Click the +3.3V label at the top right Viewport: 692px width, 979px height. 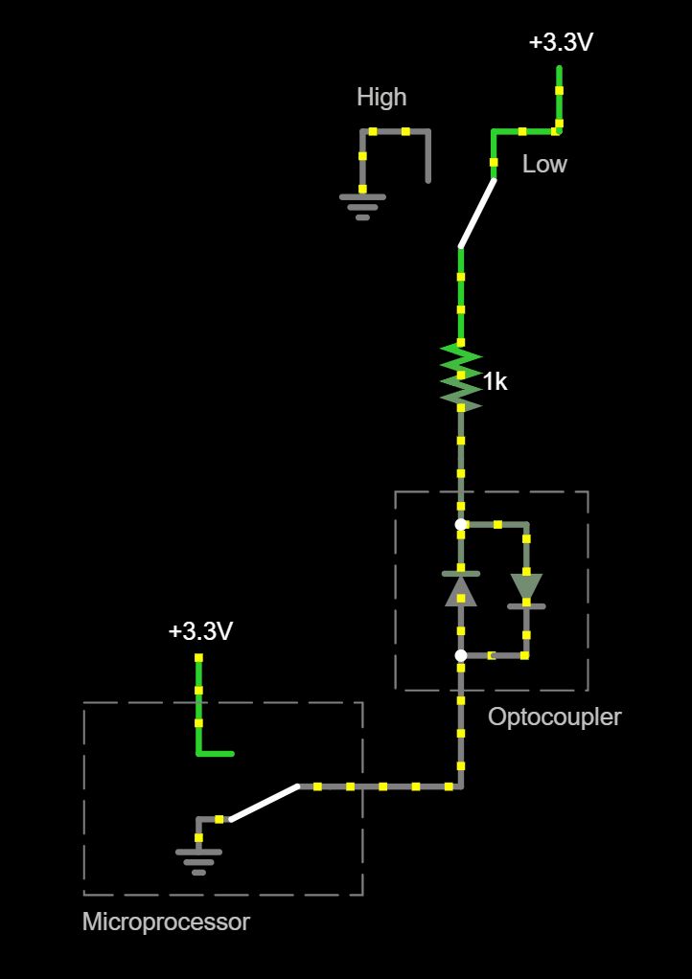pyautogui.click(x=561, y=42)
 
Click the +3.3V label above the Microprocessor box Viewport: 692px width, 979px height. pyautogui.click(x=200, y=631)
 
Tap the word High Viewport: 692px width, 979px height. pyautogui.click(x=381, y=97)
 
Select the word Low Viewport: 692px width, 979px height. pyautogui.click(x=544, y=164)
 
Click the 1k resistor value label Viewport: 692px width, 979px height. pyautogui.click(x=495, y=382)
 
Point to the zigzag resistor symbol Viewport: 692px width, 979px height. pyautogui.click(x=461, y=376)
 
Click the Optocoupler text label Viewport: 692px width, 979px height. pyautogui.click(x=555, y=717)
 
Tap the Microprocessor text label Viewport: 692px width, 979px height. pyautogui.click(x=166, y=922)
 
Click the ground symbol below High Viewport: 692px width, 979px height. pyautogui.click(x=362, y=207)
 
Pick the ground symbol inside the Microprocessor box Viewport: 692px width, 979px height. pyautogui.click(x=198, y=861)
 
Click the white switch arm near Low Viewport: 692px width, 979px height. pyautogui.click(x=477, y=214)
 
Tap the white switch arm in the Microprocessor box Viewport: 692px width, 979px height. pyautogui.click(x=265, y=802)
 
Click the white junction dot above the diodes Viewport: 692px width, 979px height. pyautogui.click(x=461, y=525)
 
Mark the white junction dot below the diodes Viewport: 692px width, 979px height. pyautogui.click(x=461, y=655)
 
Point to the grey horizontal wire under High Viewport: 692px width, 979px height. pyautogui.click(x=395, y=131)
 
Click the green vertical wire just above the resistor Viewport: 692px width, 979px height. pyautogui.click(x=461, y=296)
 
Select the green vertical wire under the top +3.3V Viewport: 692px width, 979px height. pyautogui.click(x=559, y=99)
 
